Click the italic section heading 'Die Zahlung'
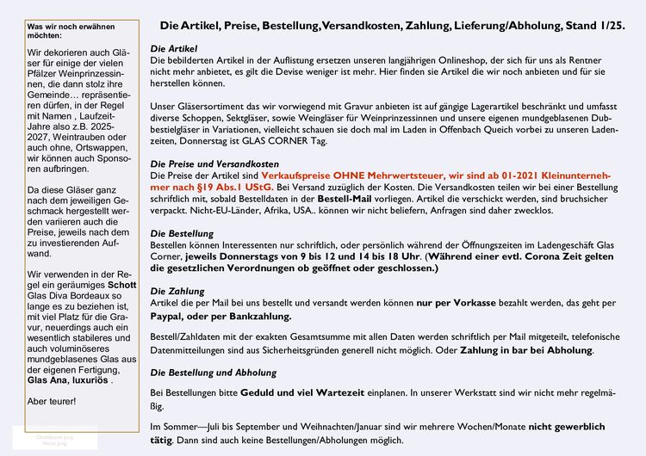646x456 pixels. (x=178, y=291)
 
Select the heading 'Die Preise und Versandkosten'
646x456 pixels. (x=214, y=163)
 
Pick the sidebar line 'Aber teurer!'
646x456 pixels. (x=52, y=402)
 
